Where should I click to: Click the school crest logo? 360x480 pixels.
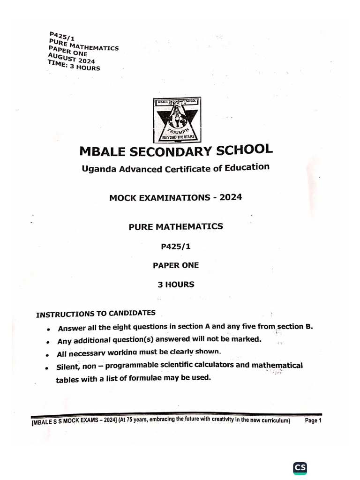177,120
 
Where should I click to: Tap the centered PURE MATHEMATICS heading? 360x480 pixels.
176,227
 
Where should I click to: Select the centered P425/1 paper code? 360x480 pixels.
176,246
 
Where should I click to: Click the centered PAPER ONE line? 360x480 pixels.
176,265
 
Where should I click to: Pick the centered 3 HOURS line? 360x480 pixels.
176,284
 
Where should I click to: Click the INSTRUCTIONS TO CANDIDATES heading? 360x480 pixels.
96,314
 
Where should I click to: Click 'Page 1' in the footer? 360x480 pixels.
313,420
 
